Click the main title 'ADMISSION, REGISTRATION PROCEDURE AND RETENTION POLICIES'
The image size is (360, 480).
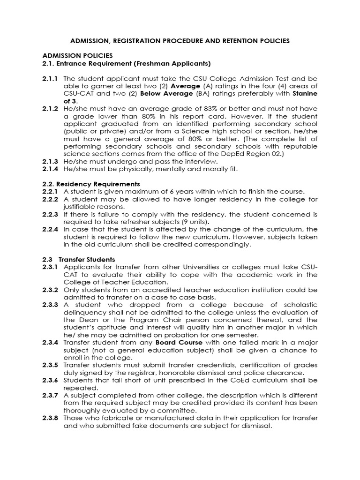tap(180, 41)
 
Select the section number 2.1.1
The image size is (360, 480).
tap(50, 78)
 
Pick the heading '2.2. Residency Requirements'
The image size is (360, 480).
tap(91, 184)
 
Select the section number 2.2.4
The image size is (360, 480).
tap(50, 229)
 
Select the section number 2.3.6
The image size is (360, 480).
tap(50, 380)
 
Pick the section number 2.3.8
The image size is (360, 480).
tap(50, 418)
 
